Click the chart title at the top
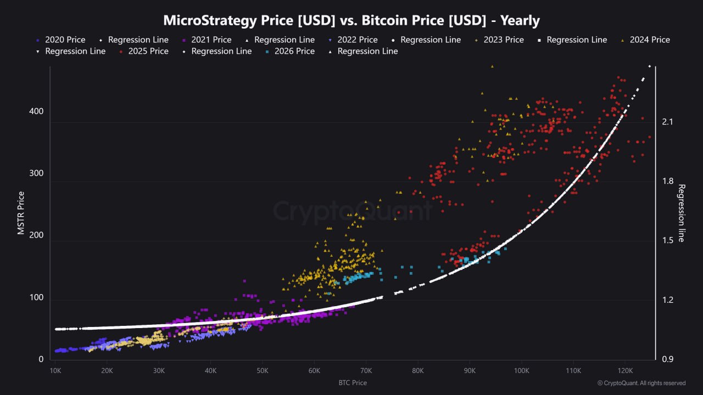(351, 21)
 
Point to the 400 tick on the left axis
(37, 111)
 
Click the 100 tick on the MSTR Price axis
(37, 300)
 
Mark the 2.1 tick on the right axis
(668, 122)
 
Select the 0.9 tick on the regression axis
(668, 359)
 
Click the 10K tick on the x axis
(55, 370)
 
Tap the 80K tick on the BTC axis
(417, 370)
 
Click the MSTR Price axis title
(21, 213)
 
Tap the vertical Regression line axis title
(682, 213)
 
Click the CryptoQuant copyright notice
(641, 383)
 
